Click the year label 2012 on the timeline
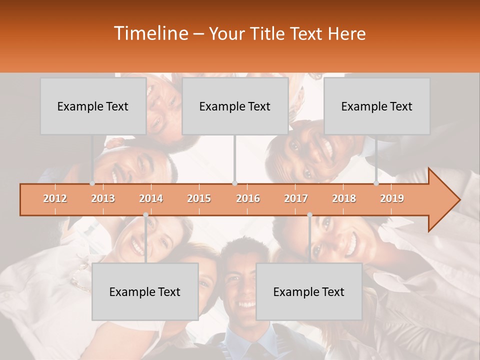click(55, 198)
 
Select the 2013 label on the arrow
click(103, 198)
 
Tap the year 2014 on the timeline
click(151, 198)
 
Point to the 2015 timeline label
click(199, 198)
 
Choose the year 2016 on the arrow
click(248, 198)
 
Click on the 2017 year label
click(296, 198)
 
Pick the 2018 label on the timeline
click(344, 198)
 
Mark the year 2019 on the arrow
click(392, 198)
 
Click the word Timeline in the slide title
click(150, 33)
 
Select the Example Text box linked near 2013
click(93, 106)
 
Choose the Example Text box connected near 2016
click(235, 106)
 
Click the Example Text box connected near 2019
click(377, 106)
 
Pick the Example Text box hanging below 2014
click(145, 291)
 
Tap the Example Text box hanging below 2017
click(309, 291)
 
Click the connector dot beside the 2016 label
click(235, 183)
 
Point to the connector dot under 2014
click(145, 215)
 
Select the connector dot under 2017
click(309, 215)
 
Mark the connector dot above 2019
click(376, 183)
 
